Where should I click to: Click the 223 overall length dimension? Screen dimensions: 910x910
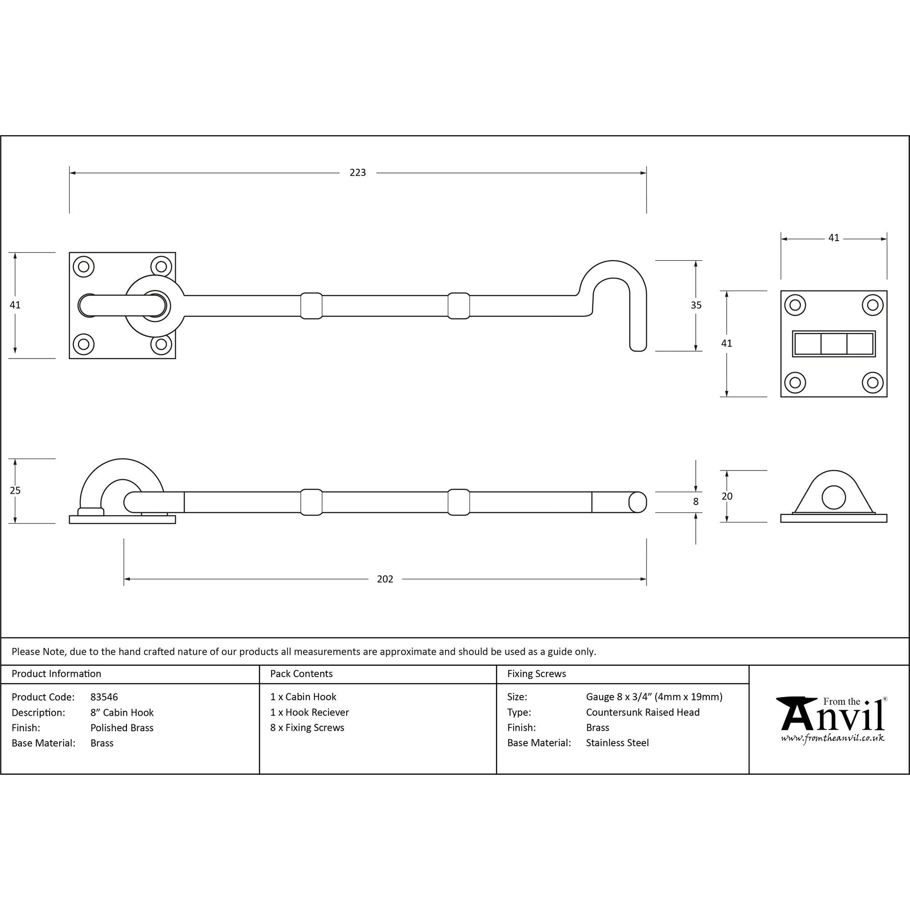coord(358,173)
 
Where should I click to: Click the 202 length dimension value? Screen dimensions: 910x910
coord(385,579)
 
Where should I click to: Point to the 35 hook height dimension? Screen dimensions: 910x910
coord(696,305)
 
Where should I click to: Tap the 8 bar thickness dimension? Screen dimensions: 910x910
coord(696,501)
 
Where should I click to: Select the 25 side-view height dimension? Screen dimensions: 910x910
coord(15,490)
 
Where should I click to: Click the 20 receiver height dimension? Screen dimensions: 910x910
coord(727,496)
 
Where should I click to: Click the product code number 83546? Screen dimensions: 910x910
coord(104,697)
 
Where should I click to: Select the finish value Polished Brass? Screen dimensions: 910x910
coord(122,728)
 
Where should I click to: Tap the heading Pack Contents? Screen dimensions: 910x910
coord(302,674)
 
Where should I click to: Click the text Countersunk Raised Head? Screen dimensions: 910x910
coord(643,712)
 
